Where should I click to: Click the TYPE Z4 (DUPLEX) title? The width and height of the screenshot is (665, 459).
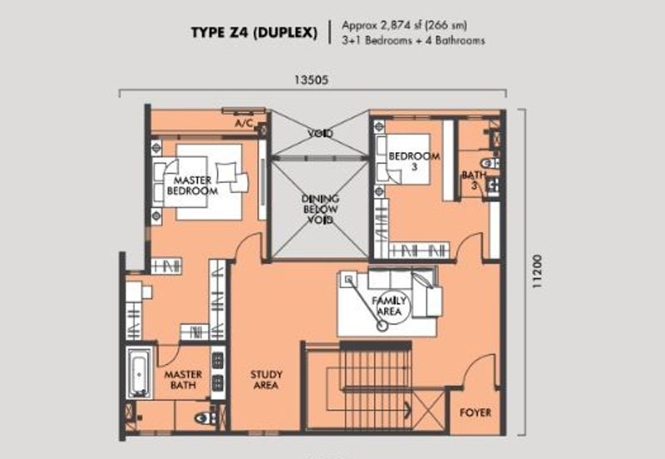click(254, 32)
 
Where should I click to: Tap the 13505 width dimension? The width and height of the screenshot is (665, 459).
click(312, 80)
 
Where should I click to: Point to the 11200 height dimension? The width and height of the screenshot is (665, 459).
click(537, 272)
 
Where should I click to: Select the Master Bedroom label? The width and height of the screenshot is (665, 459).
click(193, 185)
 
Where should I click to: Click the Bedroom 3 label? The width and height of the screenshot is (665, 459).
click(414, 161)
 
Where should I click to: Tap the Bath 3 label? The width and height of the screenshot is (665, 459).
click(474, 180)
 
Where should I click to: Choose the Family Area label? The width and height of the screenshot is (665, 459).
click(389, 306)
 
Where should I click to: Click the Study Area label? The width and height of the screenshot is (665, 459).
click(266, 380)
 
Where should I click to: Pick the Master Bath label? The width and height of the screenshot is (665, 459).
click(183, 380)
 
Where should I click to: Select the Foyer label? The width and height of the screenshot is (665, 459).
click(475, 412)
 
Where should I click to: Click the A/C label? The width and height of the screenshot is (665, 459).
click(244, 123)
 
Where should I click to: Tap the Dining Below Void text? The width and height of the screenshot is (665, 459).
click(320, 210)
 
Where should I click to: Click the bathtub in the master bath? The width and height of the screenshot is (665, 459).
click(139, 373)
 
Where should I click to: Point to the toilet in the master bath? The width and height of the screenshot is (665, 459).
click(204, 419)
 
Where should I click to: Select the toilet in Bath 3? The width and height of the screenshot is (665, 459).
click(490, 163)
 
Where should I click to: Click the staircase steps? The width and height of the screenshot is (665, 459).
click(376, 385)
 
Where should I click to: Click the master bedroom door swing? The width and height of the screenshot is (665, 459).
click(251, 245)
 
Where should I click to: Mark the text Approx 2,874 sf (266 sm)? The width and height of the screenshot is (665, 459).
click(404, 26)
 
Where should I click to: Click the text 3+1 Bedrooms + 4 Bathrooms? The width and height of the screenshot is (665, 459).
click(413, 41)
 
